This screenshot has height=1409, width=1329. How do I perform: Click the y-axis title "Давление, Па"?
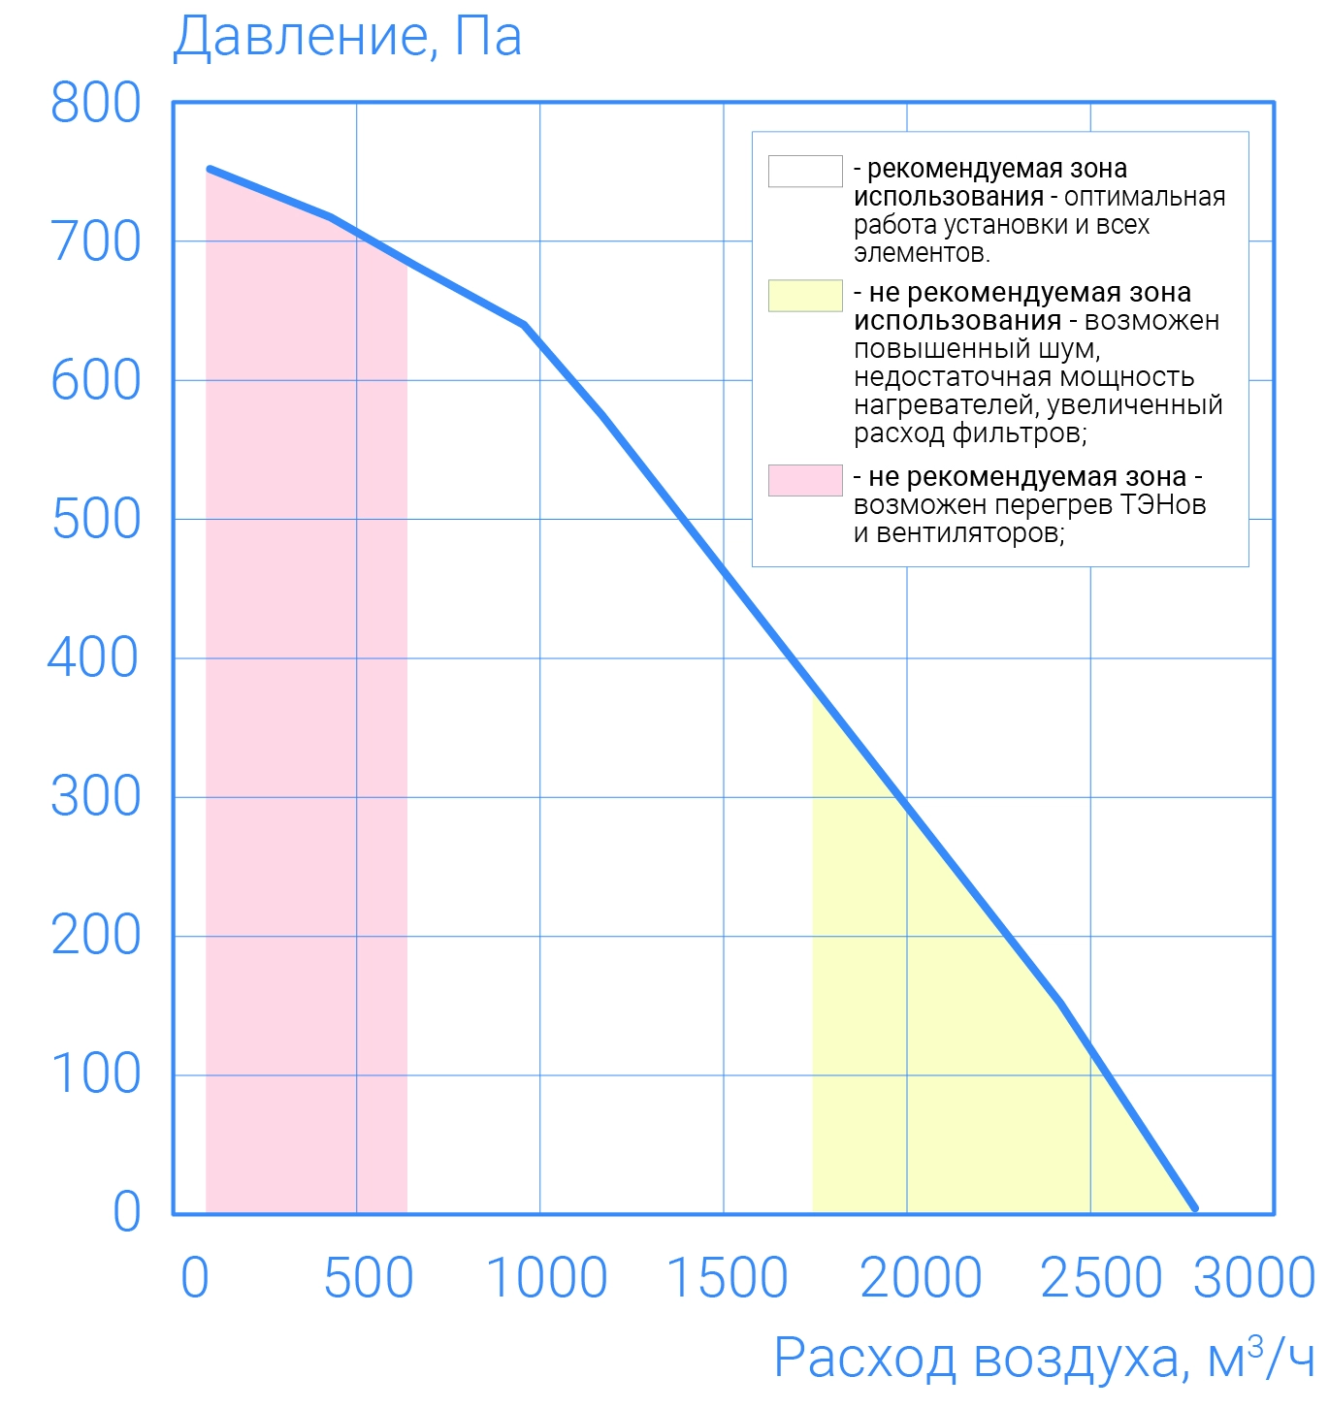(x=347, y=37)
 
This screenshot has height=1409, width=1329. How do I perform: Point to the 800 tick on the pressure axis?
(x=96, y=103)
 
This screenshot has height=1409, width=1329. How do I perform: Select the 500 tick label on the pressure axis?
(x=96, y=520)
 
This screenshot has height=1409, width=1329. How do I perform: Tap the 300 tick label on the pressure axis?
(x=96, y=797)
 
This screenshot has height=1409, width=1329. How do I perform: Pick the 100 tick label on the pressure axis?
(x=96, y=1074)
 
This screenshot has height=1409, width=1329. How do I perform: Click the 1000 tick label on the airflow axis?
(x=546, y=1278)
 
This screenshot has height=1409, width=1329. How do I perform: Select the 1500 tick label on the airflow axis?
(x=728, y=1278)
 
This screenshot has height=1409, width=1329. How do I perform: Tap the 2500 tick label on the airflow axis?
(x=1101, y=1278)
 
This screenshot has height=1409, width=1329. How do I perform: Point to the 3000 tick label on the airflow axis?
(x=1253, y=1278)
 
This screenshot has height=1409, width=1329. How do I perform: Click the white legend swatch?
(x=805, y=171)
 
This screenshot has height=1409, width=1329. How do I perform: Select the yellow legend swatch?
(x=805, y=296)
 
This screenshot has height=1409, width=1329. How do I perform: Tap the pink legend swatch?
(x=805, y=480)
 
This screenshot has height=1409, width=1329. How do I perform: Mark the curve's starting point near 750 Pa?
(x=210, y=170)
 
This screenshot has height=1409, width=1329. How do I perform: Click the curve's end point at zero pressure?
(x=1194, y=1208)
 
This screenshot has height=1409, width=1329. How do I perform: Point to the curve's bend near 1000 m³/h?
(x=525, y=325)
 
